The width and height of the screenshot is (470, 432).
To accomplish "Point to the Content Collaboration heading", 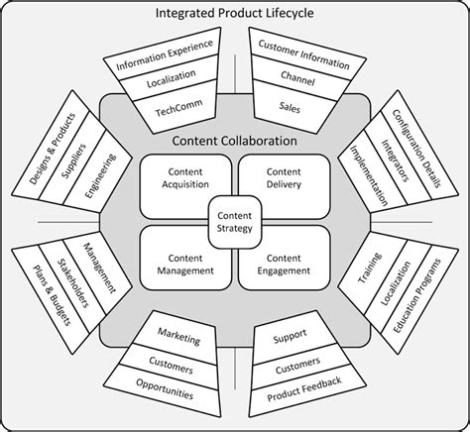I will [x=235, y=140].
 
